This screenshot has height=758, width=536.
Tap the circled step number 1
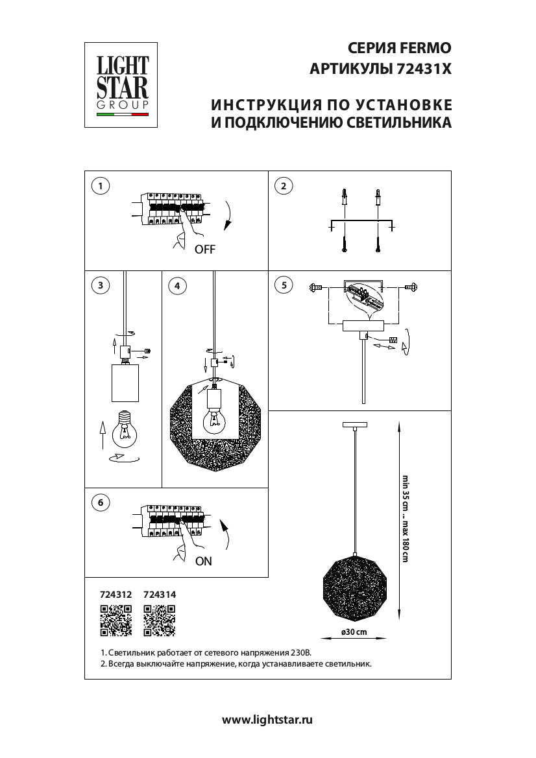pyautogui.click(x=100, y=187)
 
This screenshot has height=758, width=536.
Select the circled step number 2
pyautogui.click(x=284, y=187)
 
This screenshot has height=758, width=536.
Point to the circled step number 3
pyautogui.click(x=100, y=285)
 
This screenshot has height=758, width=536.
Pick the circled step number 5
pyautogui.click(x=284, y=285)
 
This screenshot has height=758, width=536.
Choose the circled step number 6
pyautogui.click(x=100, y=503)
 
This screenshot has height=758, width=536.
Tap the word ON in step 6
pyautogui.click(x=204, y=562)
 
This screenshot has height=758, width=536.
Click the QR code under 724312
pyautogui.click(x=116, y=620)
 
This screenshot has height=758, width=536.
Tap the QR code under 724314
pyautogui.click(x=159, y=620)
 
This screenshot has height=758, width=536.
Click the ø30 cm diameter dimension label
pyautogui.click(x=354, y=632)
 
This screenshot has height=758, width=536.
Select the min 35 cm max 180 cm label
pyautogui.click(x=405, y=519)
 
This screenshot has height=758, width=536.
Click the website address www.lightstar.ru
pyautogui.click(x=268, y=719)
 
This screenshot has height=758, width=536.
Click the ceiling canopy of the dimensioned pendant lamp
pyautogui.click(x=354, y=425)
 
